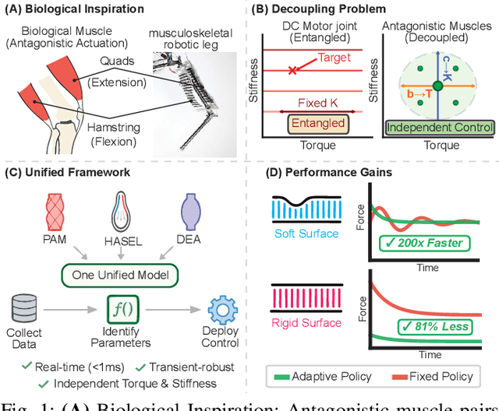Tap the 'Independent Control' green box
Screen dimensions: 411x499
[439, 127]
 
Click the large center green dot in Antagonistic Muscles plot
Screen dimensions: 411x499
[439, 84]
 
